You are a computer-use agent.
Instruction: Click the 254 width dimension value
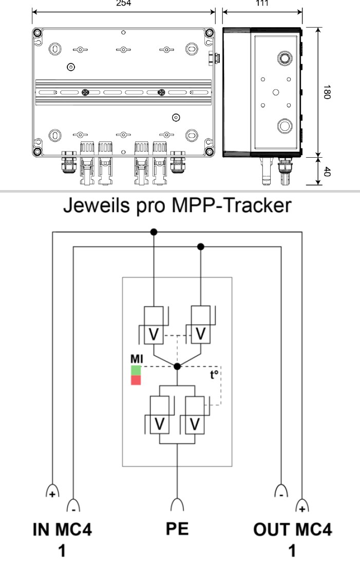pyautogui.click(x=123, y=3)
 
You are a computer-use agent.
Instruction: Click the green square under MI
pyautogui.click(x=136, y=370)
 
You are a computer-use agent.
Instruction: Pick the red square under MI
pyautogui.click(x=136, y=380)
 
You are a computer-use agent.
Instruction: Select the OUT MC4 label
pyautogui.click(x=292, y=530)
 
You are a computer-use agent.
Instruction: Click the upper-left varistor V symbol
pyautogui.click(x=153, y=334)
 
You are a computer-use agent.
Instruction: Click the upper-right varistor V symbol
pyautogui.click(x=201, y=334)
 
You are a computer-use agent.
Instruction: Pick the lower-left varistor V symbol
pyautogui.click(x=160, y=423)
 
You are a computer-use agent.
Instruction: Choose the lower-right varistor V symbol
pyautogui.click(x=194, y=423)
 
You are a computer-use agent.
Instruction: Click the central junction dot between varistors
pyautogui.click(x=177, y=366)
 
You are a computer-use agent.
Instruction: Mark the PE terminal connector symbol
pyautogui.click(x=177, y=504)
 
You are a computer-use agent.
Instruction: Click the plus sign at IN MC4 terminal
pyautogui.click(x=52, y=494)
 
